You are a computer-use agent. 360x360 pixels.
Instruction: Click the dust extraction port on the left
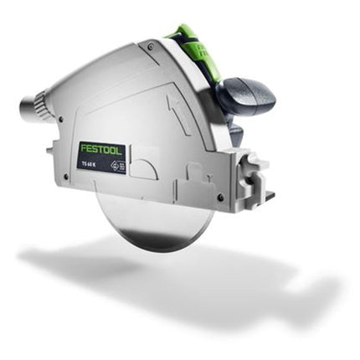(31, 106)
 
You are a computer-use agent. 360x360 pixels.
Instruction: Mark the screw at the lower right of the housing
(219, 198)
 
